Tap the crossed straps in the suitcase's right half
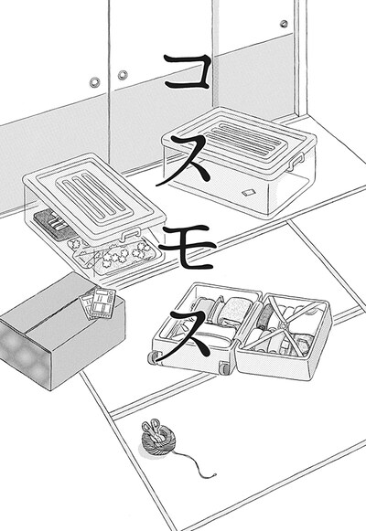(292, 328)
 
